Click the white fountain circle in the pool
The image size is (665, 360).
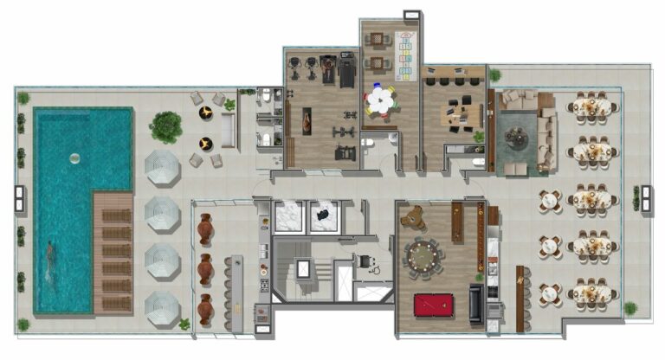pos(74,158)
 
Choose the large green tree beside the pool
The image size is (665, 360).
pos(165,126)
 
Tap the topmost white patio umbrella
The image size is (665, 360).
pos(161,166)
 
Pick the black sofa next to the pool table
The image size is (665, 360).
pos(476,303)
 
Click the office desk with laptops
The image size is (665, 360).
pos(460,114)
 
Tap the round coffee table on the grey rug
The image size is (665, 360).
pos(517,136)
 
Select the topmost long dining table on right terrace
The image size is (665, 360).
pos(592,106)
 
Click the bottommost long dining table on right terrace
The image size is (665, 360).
pos(592,293)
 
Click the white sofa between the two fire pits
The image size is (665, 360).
pos(228,131)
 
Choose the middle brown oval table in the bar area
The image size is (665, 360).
pos(205,269)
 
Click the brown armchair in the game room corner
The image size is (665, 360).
pos(414,215)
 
